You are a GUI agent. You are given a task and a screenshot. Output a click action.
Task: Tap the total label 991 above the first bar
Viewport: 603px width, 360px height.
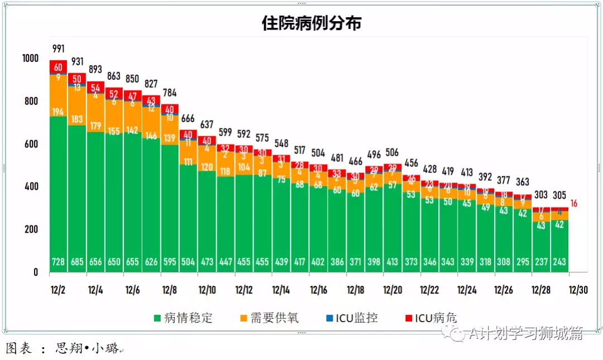(x=58, y=49)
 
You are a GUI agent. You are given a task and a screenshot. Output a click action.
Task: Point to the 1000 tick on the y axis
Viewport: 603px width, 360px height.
(x=30, y=59)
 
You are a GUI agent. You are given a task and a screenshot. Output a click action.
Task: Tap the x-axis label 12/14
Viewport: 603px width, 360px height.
(x=281, y=290)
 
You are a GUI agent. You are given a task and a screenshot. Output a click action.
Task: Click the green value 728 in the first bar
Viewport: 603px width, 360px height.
(x=58, y=262)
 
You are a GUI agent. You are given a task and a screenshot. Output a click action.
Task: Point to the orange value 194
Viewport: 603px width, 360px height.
(x=58, y=112)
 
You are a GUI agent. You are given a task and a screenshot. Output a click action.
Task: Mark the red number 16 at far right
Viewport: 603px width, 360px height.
(x=573, y=204)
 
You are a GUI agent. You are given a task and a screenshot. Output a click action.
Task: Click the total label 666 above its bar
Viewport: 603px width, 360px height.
(x=188, y=118)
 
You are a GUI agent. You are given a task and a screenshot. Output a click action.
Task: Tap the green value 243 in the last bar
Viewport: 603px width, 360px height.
(x=559, y=262)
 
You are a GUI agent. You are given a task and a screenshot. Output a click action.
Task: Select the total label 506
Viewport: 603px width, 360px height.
(x=393, y=152)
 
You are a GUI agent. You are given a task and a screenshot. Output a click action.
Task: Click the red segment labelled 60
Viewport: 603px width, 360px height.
(x=58, y=68)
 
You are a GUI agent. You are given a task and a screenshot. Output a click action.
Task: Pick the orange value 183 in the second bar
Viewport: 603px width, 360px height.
(x=76, y=119)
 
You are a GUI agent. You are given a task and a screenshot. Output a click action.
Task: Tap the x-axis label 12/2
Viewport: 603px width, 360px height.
(x=58, y=290)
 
